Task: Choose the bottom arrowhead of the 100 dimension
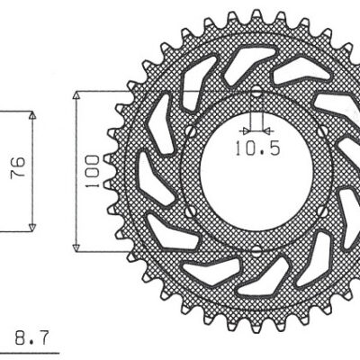click(77, 244)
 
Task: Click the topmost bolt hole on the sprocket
click(256, 92)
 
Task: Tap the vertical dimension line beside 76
click(32, 171)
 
